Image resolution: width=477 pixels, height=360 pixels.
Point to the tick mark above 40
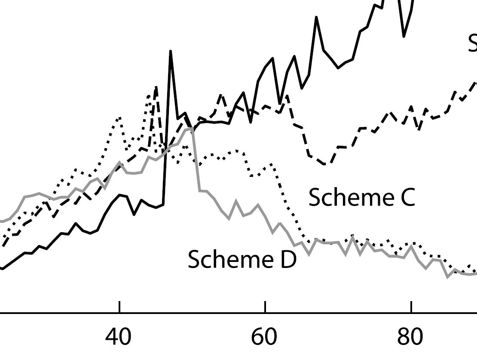click(x=119, y=307)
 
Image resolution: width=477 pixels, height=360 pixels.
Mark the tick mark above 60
click(x=265, y=307)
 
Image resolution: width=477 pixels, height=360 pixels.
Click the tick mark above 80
click(x=411, y=307)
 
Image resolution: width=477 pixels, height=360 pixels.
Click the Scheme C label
click(x=361, y=197)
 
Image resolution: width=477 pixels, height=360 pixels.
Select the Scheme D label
click(x=242, y=260)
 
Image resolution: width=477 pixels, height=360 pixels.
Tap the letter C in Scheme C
click(x=405, y=197)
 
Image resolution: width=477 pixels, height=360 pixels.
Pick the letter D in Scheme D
click(x=287, y=260)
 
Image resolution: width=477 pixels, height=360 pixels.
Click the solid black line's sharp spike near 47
click(x=171, y=51)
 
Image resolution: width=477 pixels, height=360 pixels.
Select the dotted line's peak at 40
click(x=119, y=117)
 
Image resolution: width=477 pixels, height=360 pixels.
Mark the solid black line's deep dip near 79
click(x=404, y=36)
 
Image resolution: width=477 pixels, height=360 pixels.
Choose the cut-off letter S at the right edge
click(x=473, y=43)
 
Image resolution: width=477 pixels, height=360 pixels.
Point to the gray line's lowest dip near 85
click(x=448, y=277)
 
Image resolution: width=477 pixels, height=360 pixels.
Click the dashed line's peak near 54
click(x=221, y=95)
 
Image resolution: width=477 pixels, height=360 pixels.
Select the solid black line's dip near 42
click(x=135, y=214)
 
